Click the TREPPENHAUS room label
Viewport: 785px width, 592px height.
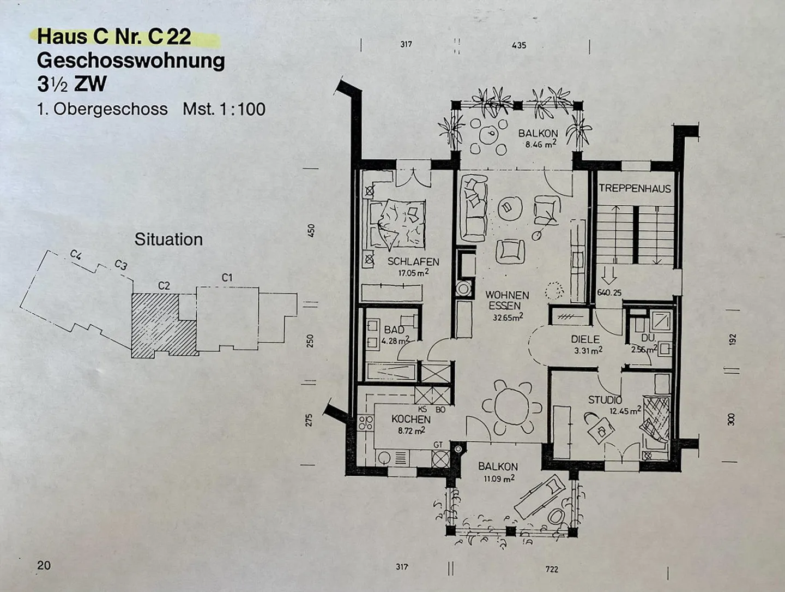pyautogui.click(x=635, y=188)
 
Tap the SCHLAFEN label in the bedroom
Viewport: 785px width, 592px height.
pyautogui.click(x=413, y=262)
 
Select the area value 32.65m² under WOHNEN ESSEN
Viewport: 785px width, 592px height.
pyautogui.click(x=508, y=317)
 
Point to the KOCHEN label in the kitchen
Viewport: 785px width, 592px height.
pyautogui.click(x=411, y=419)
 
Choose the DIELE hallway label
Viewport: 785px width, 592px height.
pyautogui.click(x=585, y=339)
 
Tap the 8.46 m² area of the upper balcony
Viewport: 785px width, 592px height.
pyautogui.click(x=541, y=144)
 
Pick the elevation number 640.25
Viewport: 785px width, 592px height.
pyautogui.click(x=609, y=292)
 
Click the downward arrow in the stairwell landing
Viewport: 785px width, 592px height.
pyautogui.click(x=608, y=276)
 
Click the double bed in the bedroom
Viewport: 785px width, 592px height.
pyautogui.click(x=397, y=224)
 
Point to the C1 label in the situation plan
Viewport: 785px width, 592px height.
pyautogui.click(x=227, y=277)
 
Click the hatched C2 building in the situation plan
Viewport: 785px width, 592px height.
pyautogui.click(x=162, y=326)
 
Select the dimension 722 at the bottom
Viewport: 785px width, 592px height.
pyautogui.click(x=552, y=569)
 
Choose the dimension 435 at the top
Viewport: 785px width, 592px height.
pyautogui.click(x=519, y=45)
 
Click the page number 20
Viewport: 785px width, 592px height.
pyautogui.click(x=44, y=565)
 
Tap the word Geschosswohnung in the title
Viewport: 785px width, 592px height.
pyautogui.click(x=131, y=61)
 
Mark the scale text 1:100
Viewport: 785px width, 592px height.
pyautogui.click(x=242, y=109)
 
